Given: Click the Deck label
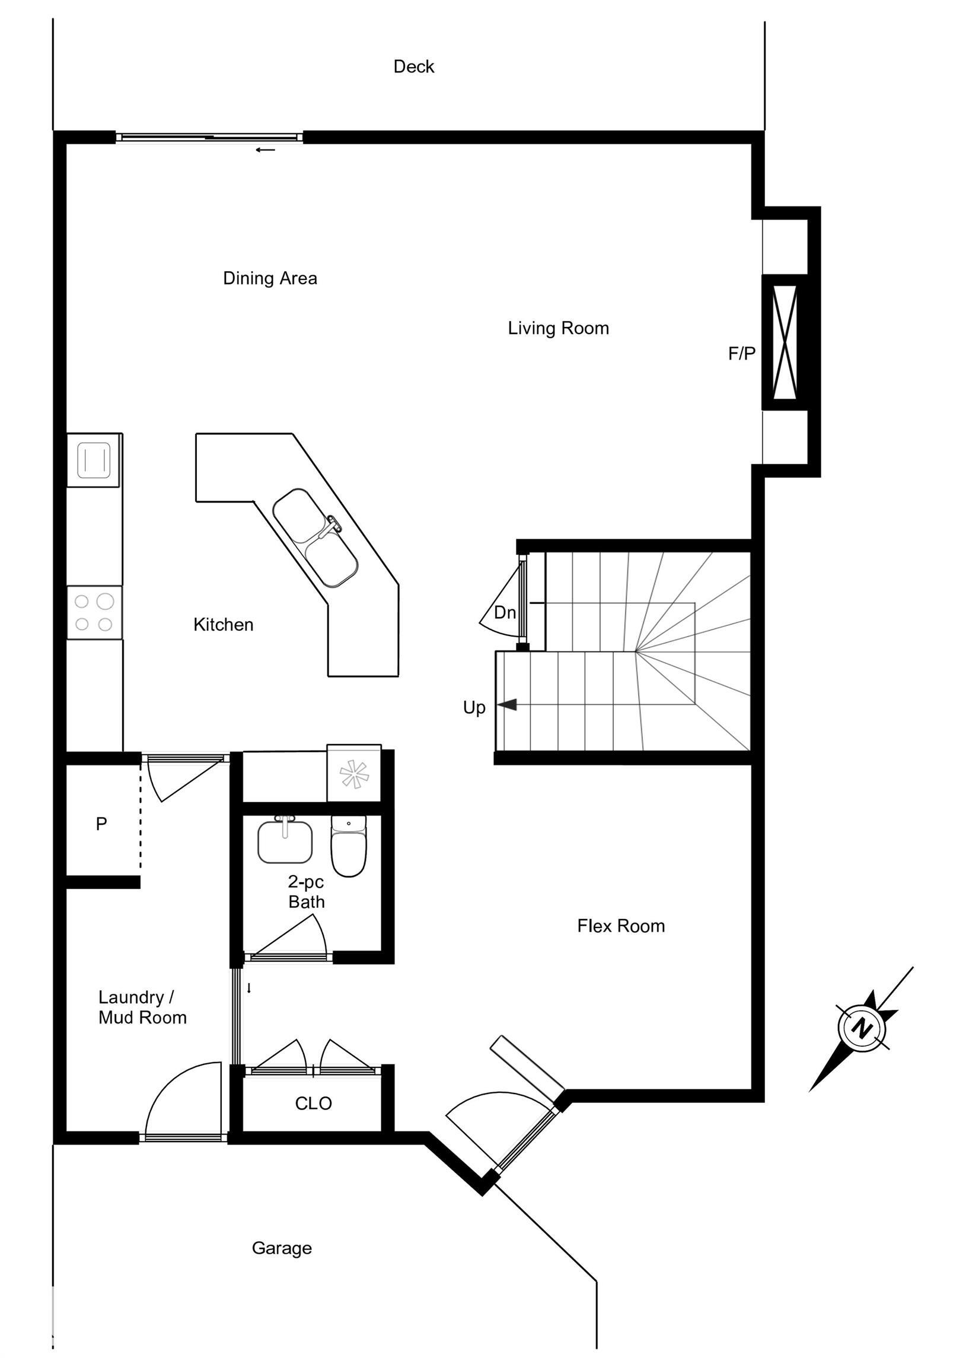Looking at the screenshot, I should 414,66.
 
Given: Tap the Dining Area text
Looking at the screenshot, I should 270,278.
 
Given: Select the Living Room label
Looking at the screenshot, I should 558,328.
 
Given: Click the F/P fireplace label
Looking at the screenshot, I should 742,354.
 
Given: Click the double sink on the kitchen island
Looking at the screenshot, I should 315,538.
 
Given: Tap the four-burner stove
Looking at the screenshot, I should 94,612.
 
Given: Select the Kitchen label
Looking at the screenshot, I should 223,625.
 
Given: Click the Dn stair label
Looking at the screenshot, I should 505,612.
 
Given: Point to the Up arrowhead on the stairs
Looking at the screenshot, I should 506,705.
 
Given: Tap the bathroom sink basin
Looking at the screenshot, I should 285,842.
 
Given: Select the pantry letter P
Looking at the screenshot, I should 101,824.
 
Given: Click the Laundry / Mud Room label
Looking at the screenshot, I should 142,1007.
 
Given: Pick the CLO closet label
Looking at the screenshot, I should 313,1103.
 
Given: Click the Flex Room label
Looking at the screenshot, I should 621,926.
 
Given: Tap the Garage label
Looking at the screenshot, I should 282,1248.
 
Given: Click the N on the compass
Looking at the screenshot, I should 860,1028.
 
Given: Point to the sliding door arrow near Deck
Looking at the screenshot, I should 266,150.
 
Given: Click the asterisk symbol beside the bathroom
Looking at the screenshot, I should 354,775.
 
